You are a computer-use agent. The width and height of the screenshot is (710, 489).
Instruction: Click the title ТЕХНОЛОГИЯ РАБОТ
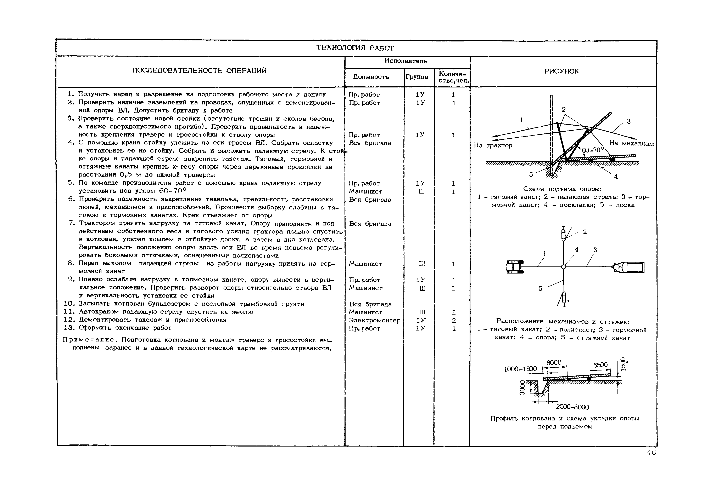click(355, 48)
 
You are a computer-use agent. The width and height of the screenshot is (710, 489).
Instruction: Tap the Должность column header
click(371, 77)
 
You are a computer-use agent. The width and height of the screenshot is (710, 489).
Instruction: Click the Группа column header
click(417, 77)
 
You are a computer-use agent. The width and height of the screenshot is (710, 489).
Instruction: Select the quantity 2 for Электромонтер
click(454, 321)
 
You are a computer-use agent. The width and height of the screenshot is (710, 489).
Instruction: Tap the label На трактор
click(493, 145)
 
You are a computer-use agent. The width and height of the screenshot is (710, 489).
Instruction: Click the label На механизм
click(631, 143)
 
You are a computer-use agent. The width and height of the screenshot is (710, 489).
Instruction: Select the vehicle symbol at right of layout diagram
click(629, 267)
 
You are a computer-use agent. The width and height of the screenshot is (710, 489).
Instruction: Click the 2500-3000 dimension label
click(572, 407)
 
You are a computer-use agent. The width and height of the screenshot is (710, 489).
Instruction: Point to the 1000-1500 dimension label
click(520, 369)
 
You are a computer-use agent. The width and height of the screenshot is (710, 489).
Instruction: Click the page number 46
click(652, 453)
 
